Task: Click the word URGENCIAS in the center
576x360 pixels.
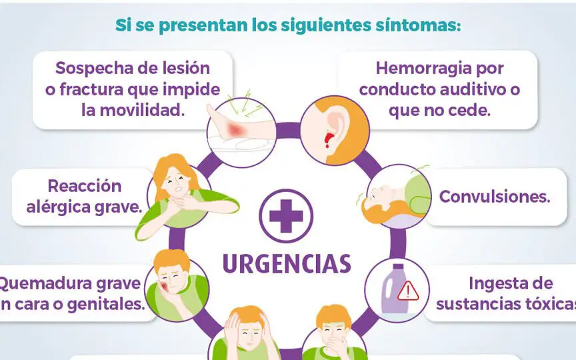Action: (x=286, y=263)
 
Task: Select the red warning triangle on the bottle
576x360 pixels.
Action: (x=407, y=290)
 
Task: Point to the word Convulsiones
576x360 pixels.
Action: (x=494, y=197)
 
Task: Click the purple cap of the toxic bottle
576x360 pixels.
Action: (x=396, y=269)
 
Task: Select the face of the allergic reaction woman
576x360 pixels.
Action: (x=172, y=179)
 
